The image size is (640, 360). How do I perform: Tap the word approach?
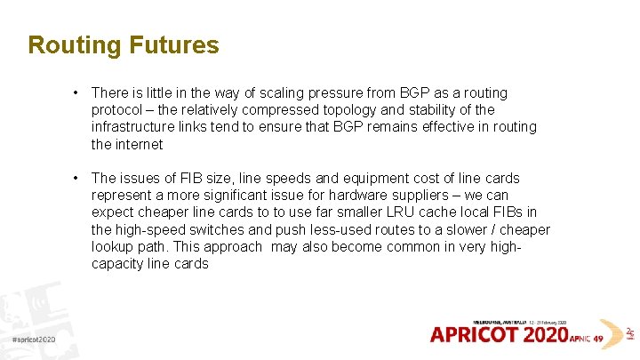pyautogui.click(x=231, y=246)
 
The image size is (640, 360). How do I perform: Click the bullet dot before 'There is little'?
pyautogui.click(x=78, y=92)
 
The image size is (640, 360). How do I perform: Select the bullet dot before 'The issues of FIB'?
pyautogui.click(x=78, y=178)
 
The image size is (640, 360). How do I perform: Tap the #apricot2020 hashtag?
pyautogui.click(x=34, y=340)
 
